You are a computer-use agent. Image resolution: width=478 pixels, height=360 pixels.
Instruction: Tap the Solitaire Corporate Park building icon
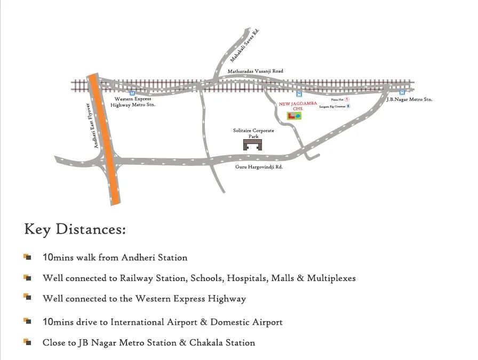pos(252,144)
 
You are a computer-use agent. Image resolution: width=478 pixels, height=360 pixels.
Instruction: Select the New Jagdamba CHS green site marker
pos(294,115)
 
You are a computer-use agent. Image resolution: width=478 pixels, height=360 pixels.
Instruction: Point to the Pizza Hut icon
pos(347,99)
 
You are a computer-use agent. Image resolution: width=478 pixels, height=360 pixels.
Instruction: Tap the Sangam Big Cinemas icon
pos(348,107)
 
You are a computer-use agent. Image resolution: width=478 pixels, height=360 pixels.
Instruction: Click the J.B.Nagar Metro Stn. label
pos(409,100)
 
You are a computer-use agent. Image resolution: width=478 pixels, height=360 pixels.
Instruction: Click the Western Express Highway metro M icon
pos(132,92)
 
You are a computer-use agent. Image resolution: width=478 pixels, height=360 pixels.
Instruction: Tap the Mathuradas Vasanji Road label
pos(256,71)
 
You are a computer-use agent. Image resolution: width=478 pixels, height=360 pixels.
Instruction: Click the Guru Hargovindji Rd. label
pos(259,167)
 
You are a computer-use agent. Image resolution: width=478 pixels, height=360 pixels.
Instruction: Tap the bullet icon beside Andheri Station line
pos(27,257)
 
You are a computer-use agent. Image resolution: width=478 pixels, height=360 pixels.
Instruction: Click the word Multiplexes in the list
pos(331,278)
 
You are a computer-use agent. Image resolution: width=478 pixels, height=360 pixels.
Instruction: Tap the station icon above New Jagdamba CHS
pos(299,93)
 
